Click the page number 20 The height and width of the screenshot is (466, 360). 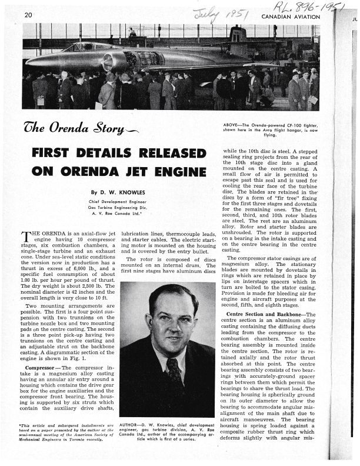pos(29,15)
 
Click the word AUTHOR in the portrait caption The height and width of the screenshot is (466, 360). pos(131,424)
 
